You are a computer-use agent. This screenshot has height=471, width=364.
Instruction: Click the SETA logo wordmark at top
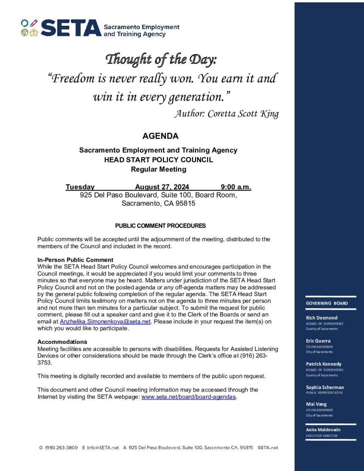(x=71, y=28)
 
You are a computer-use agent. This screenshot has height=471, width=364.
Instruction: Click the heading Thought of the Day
(x=161, y=59)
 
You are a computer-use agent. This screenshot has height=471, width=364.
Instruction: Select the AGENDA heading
(x=160, y=136)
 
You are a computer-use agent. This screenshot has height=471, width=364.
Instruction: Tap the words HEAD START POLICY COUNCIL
(x=158, y=160)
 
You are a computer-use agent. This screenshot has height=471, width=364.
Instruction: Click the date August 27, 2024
(x=162, y=187)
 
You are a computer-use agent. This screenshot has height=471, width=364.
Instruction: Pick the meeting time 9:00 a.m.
(x=236, y=187)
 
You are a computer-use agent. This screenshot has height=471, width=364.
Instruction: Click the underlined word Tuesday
(x=80, y=187)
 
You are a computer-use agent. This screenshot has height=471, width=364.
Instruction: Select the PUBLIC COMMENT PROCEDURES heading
(x=160, y=226)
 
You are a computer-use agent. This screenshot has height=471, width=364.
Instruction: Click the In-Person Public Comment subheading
(x=75, y=260)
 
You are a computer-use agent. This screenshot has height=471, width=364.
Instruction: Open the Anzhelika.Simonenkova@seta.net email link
(x=105, y=321)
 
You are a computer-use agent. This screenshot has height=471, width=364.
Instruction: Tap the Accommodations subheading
(x=62, y=342)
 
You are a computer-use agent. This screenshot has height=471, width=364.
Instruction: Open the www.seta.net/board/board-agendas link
(x=189, y=397)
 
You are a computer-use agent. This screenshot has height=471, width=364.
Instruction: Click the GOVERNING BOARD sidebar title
(x=327, y=303)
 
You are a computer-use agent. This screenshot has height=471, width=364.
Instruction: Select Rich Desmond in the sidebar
(x=321, y=318)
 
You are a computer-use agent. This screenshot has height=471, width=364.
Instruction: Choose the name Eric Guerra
(x=318, y=341)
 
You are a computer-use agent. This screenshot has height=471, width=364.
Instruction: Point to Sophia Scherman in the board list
(x=325, y=387)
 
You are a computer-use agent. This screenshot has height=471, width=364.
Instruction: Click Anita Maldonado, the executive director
(x=323, y=430)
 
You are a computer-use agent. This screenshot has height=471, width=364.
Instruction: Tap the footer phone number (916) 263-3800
(x=61, y=447)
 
